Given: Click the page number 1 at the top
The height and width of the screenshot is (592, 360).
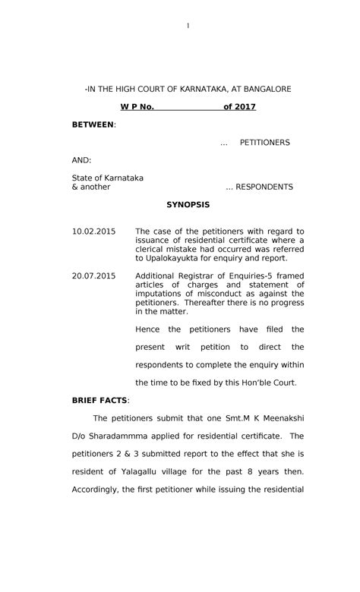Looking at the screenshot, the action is click(188, 27).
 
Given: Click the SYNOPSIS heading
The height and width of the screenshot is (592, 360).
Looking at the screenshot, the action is click(188, 205).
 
